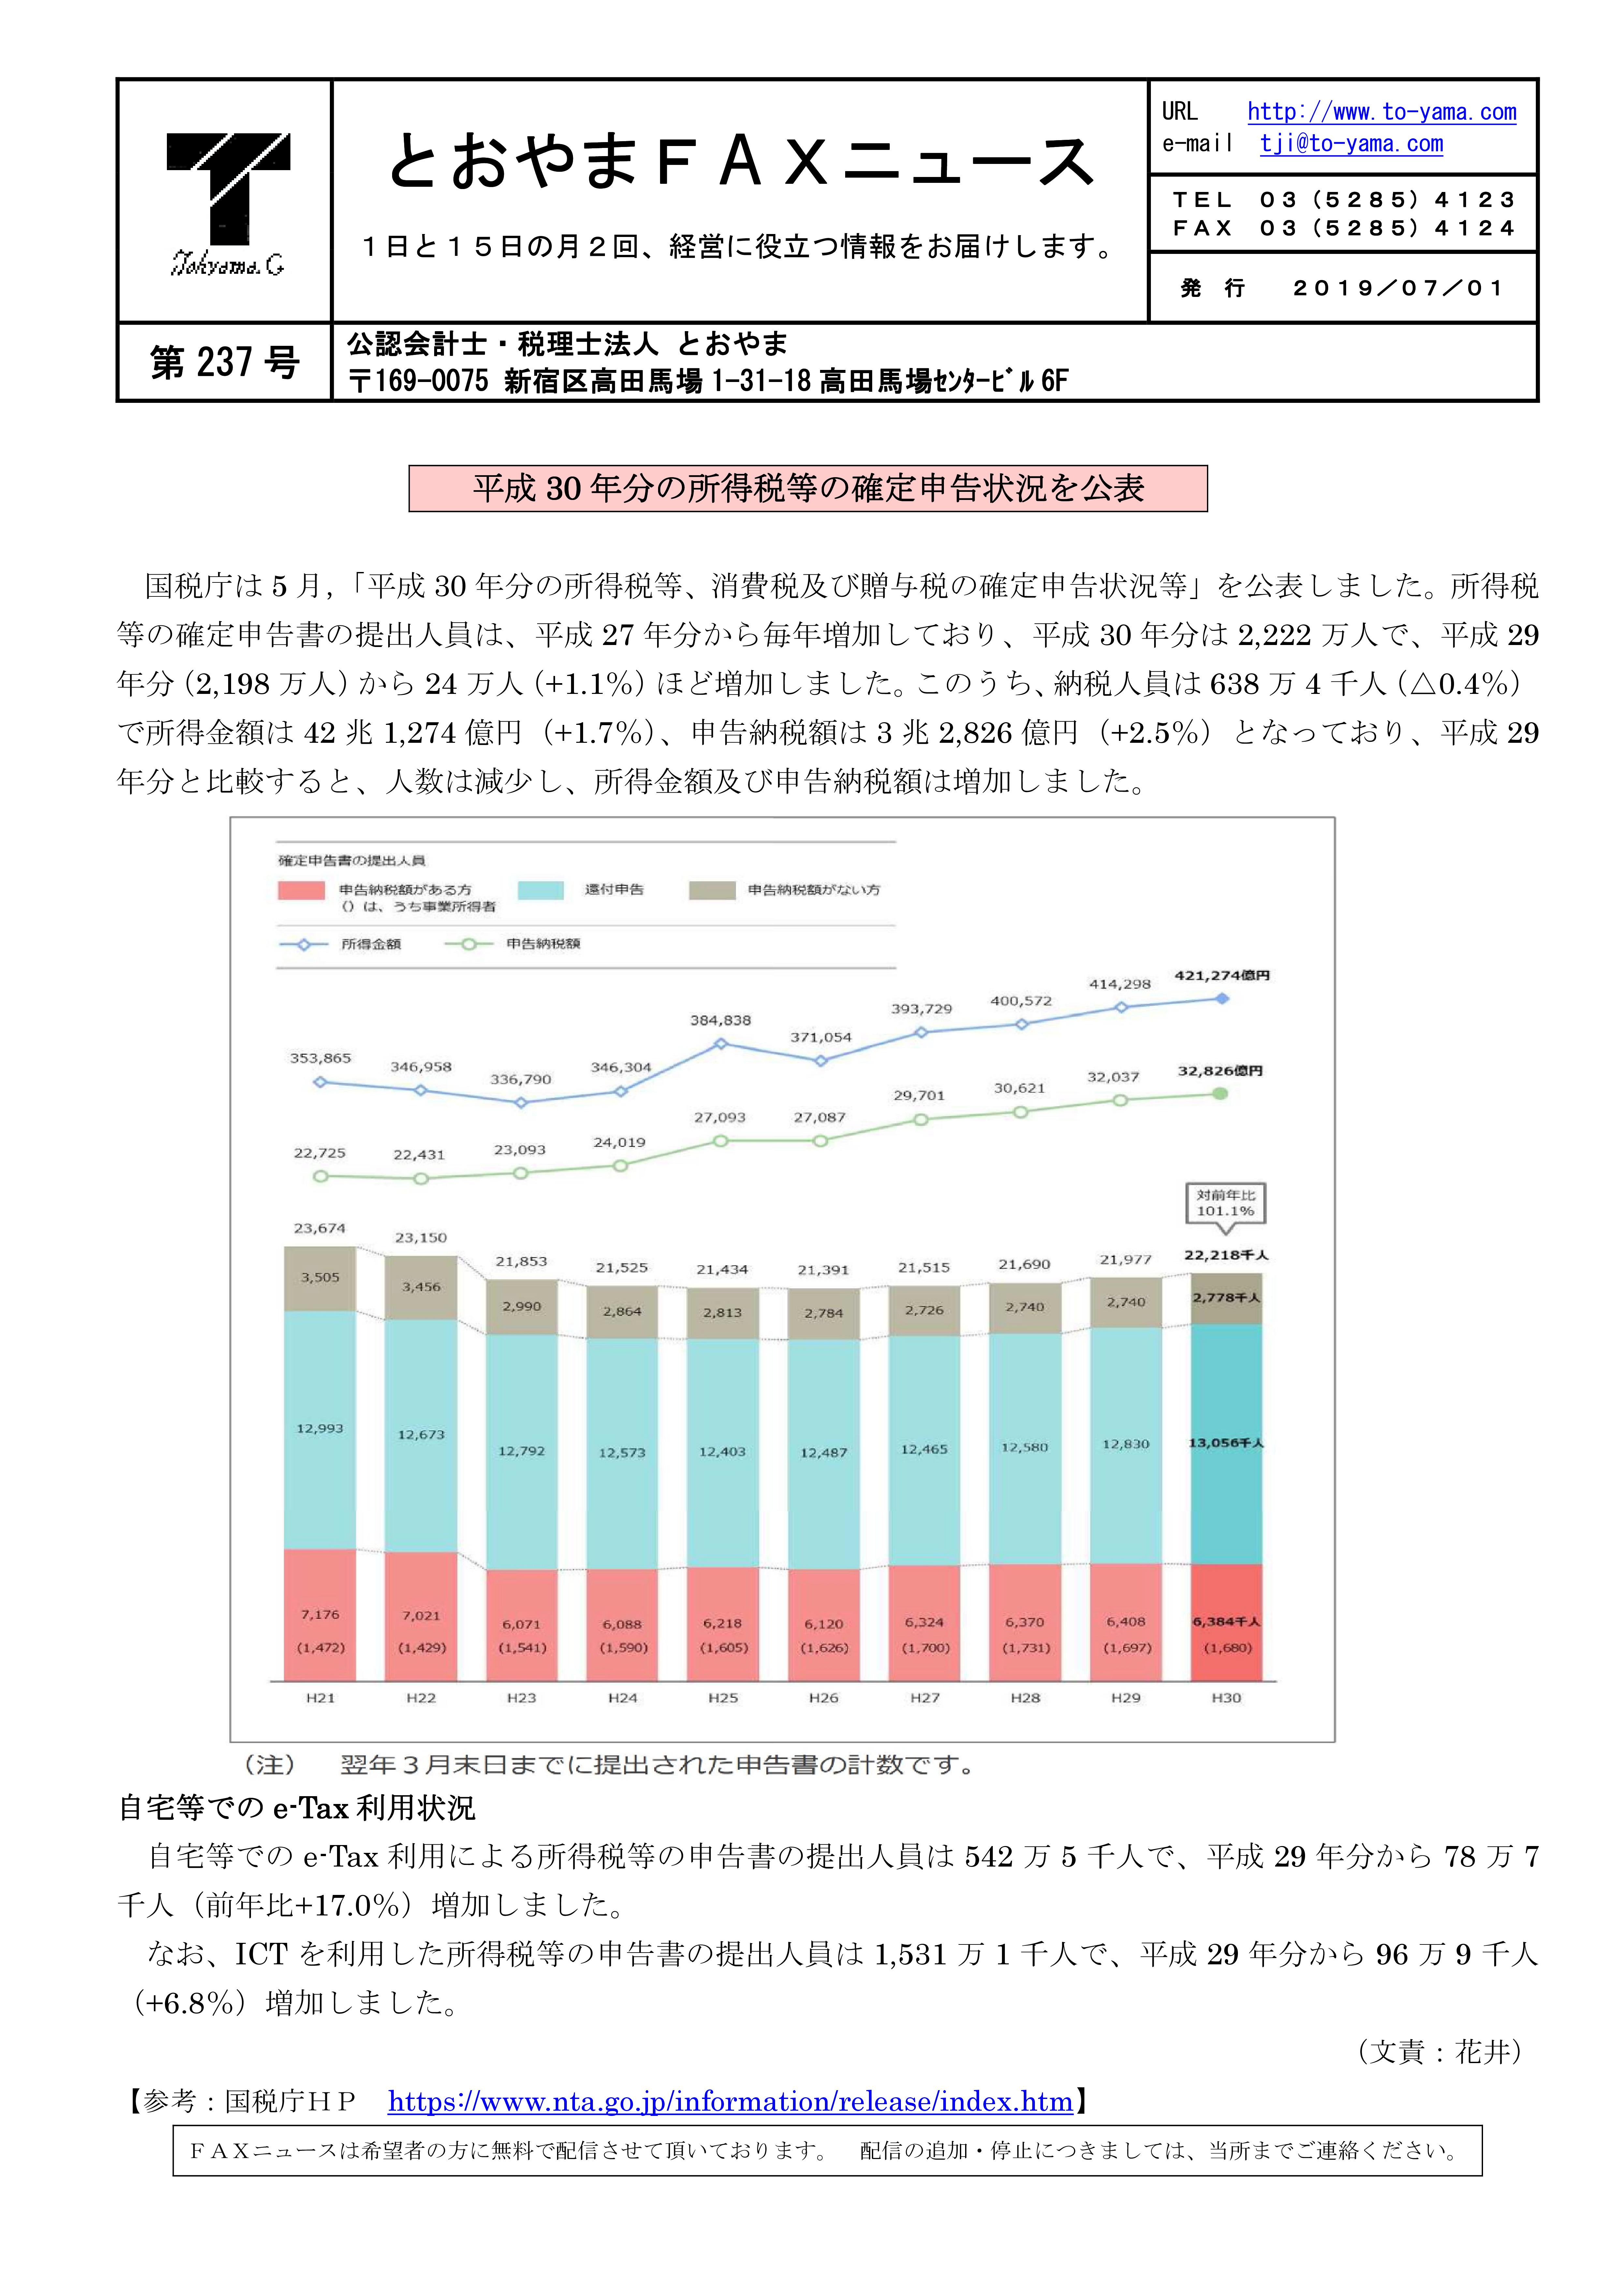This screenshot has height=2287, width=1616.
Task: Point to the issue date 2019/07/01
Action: pyautogui.click(x=1398, y=288)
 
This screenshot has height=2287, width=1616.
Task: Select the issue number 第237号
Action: pyautogui.click(x=225, y=362)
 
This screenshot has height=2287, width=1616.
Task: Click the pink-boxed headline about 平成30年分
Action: pyautogui.click(x=808, y=488)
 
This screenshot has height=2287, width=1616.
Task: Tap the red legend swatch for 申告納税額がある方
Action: pyautogui.click(x=301, y=889)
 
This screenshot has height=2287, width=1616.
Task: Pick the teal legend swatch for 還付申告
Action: pyautogui.click(x=541, y=889)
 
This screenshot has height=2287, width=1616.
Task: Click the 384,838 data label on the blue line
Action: pyautogui.click(x=720, y=1020)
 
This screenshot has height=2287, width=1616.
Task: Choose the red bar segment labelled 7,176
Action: pyautogui.click(x=320, y=1615)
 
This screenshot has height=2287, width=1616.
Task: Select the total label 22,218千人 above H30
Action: pyautogui.click(x=1226, y=1255)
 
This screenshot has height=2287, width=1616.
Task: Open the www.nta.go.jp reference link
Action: pyautogui.click(x=730, y=2102)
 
